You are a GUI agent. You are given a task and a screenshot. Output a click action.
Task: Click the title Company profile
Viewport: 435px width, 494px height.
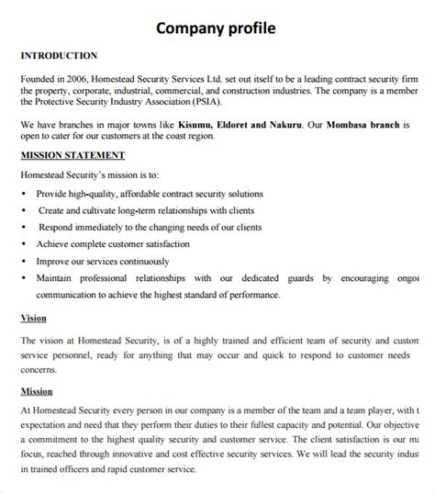pos(216,28)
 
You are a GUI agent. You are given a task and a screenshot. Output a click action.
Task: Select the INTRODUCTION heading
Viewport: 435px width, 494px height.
pos(59,56)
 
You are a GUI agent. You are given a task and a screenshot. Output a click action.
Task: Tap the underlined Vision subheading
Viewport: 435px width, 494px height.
pos(34,319)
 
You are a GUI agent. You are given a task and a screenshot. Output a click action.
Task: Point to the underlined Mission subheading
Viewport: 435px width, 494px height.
pos(37,391)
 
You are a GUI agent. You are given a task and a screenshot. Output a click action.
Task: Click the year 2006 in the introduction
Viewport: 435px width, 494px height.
pos(83,79)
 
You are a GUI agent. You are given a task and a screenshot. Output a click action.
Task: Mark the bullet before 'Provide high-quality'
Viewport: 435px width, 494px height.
pos(23,195)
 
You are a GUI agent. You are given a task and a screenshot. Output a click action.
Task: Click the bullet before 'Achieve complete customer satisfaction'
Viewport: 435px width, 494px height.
pos(23,244)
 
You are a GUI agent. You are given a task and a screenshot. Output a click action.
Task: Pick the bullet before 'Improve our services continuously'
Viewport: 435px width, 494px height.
pos(23,261)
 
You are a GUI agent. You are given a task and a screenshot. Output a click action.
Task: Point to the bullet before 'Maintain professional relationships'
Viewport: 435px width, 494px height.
pos(23,277)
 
